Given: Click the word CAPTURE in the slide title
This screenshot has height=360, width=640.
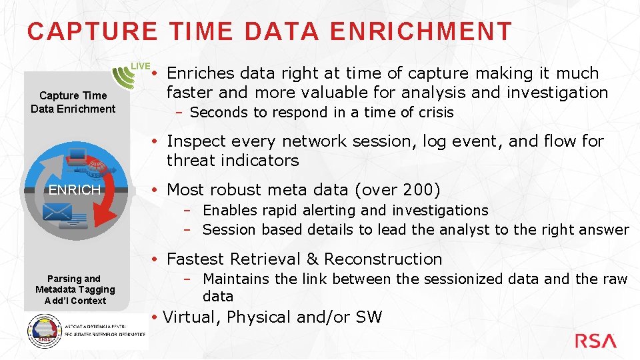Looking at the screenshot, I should pyautogui.click(x=93, y=31).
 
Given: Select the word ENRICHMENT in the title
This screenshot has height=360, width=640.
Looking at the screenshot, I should pyautogui.click(x=421, y=31).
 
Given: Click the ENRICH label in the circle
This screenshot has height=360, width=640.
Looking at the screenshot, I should pyautogui.click(x=75, y=190).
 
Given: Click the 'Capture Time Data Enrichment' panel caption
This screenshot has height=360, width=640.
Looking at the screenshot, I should pyautogui.click(x=73, y=102).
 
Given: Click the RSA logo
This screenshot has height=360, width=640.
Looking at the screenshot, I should pyautogui.click(x=595, y=341).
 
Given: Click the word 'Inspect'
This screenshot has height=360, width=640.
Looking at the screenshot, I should pyautogui.click(x=195, y=141).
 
